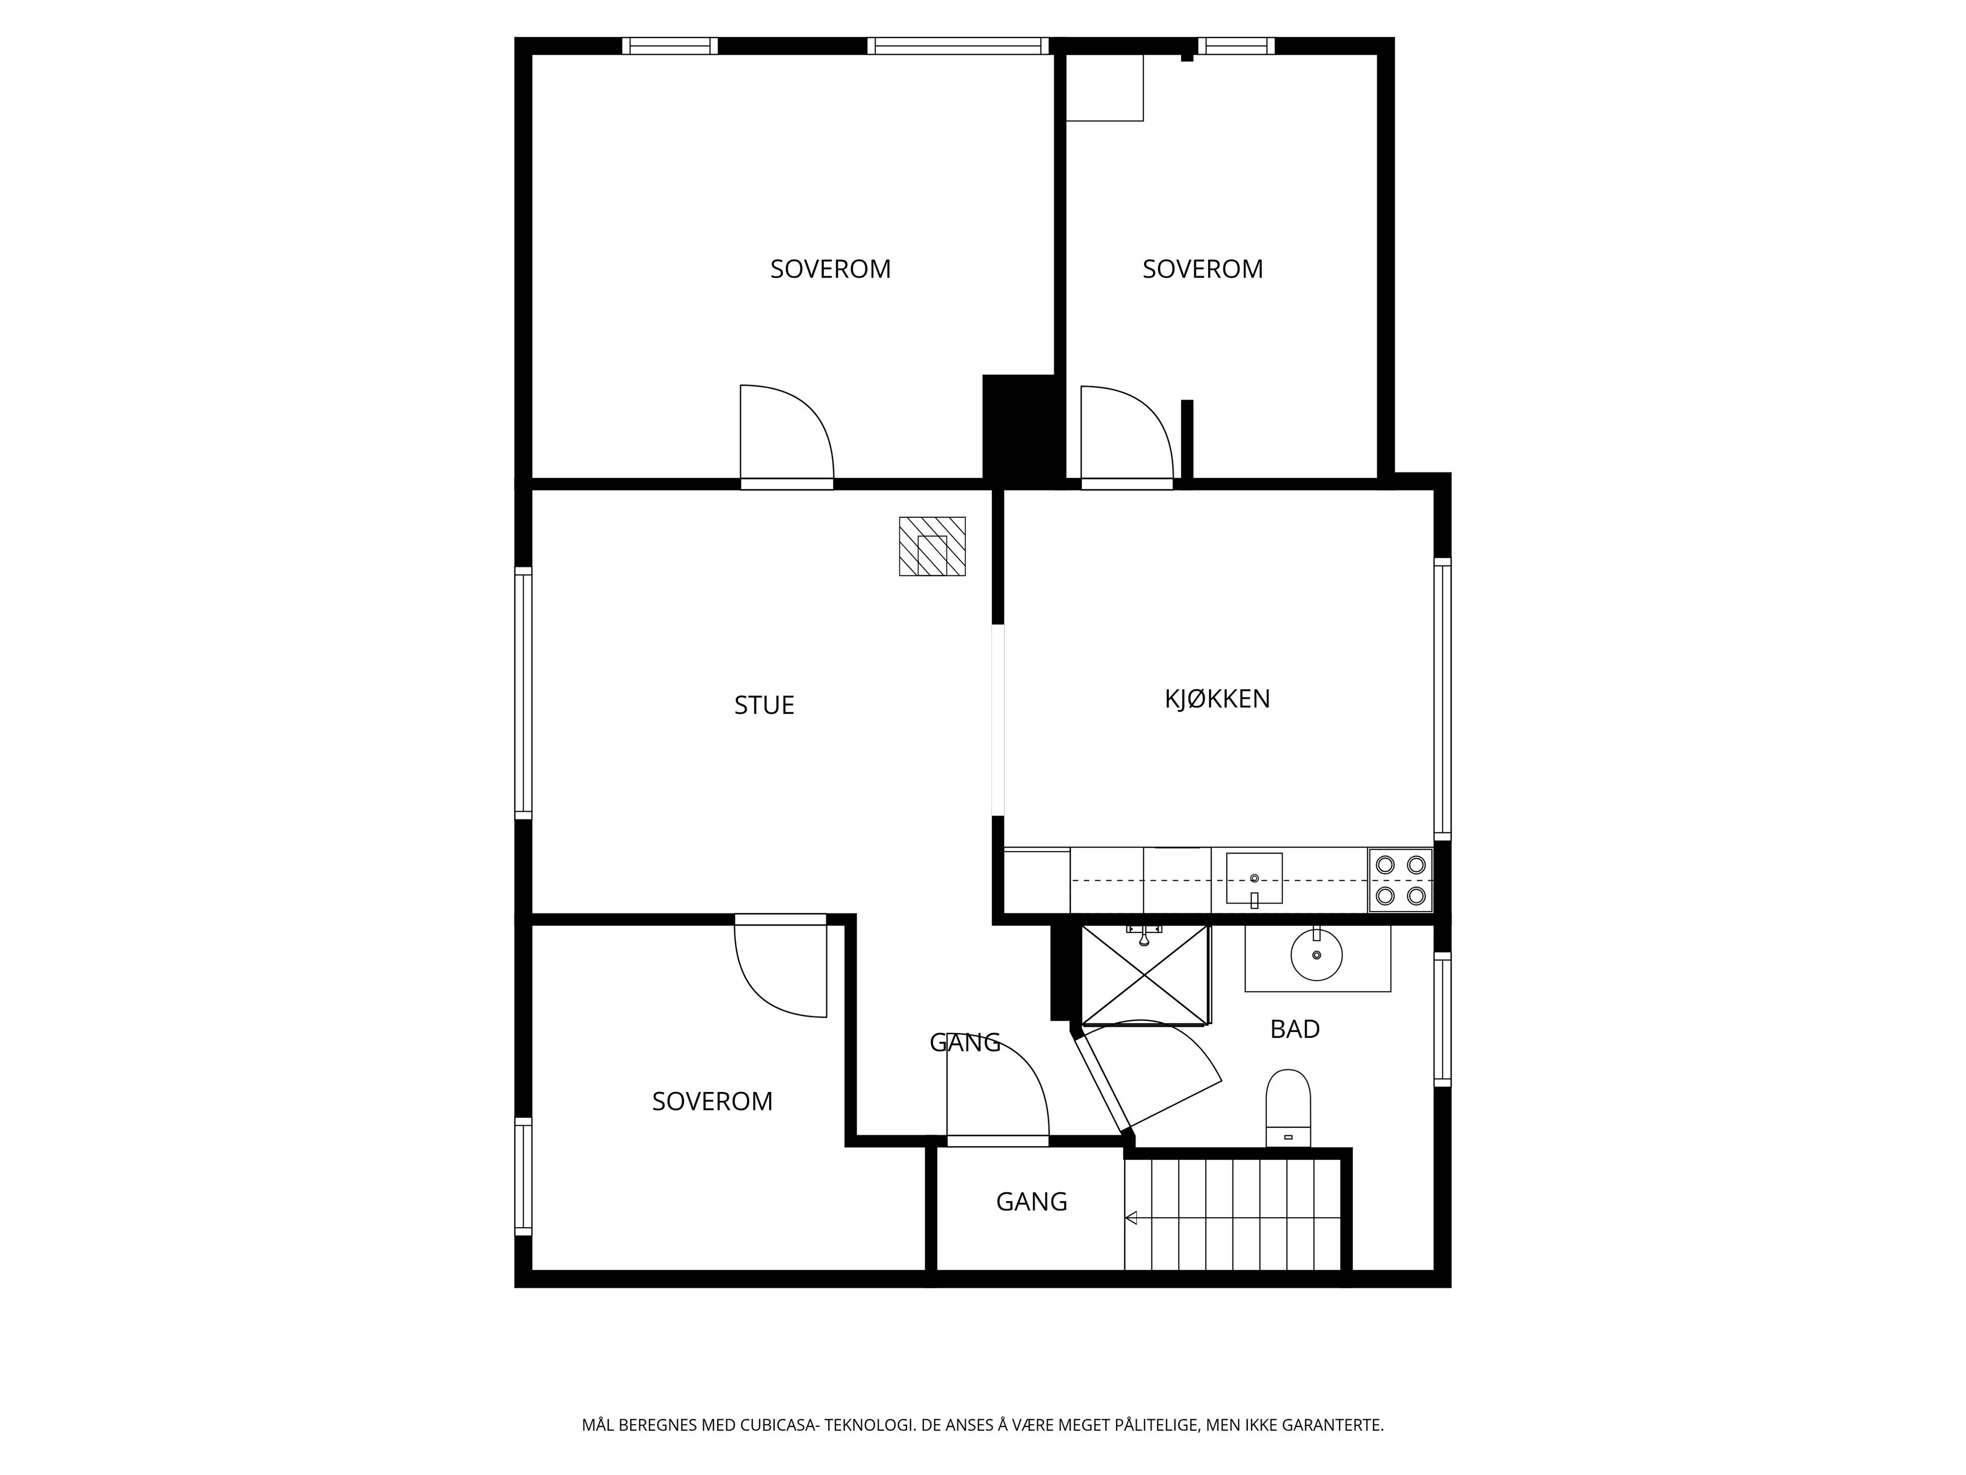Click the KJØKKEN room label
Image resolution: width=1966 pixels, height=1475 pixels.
[x=1217, y=699]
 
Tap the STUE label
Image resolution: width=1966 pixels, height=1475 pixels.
[x=763, y=705]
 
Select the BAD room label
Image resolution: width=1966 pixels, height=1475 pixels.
[x=1294, y=1029]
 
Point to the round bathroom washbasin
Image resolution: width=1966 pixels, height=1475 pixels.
[x=1316, y=954]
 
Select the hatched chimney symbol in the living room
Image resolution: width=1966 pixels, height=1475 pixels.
[x=931, y=546]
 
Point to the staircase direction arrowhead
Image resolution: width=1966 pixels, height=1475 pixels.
[x=1131, y=1218]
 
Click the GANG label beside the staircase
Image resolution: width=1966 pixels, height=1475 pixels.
[x=1031, y=1202]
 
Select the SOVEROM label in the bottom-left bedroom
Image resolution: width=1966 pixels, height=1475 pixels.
[x=712, y=1102]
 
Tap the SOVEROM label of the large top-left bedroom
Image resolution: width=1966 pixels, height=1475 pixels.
[x=830, y=268]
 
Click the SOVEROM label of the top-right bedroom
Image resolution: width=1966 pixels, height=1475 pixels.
[x=1203, y=268]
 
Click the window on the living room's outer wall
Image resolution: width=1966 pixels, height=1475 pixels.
[x=523, y=692]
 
